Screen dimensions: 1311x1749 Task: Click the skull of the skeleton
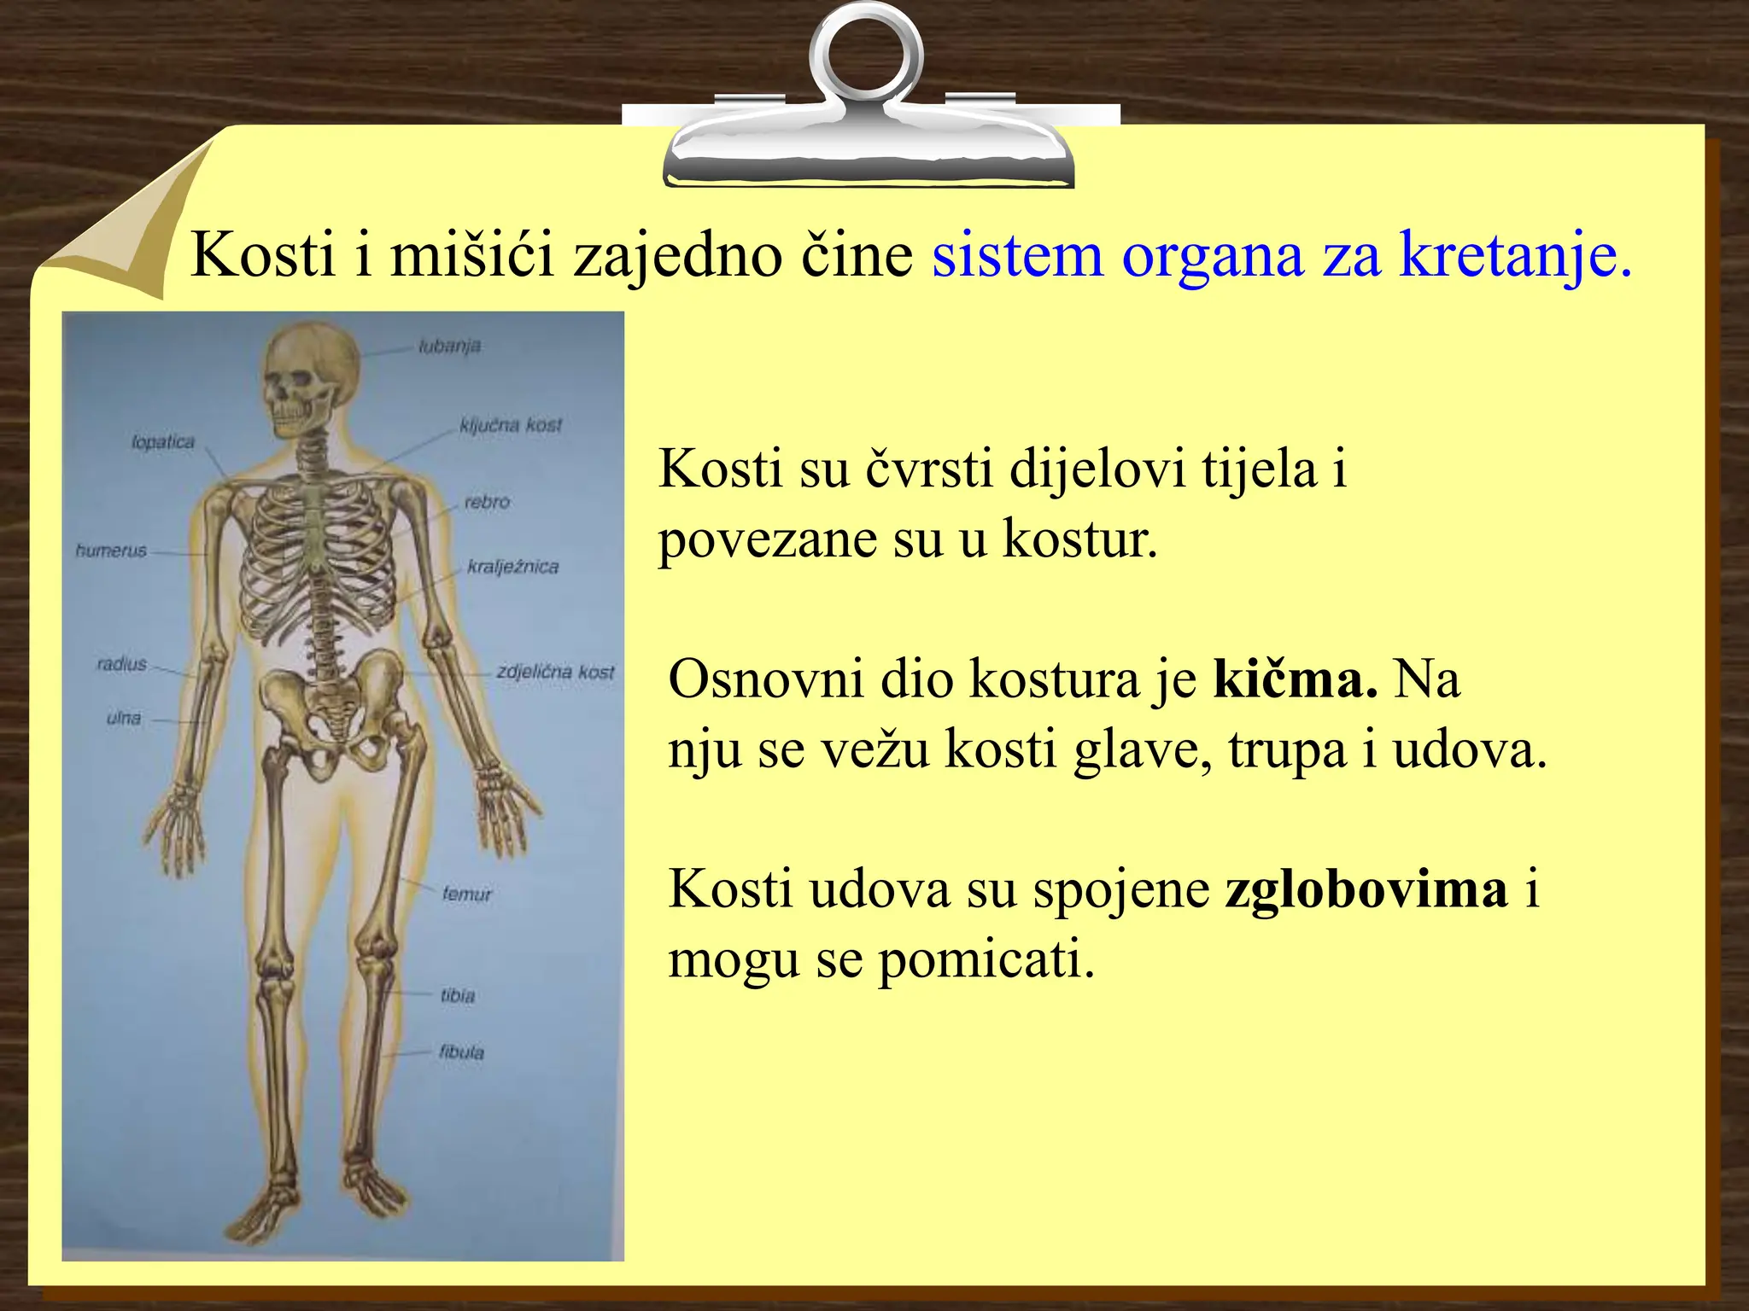coord(309,381)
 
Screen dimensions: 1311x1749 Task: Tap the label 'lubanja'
coord(449,347)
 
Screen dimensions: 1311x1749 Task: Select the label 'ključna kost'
coord(511,425)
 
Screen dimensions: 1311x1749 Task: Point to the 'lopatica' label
coord(163,442)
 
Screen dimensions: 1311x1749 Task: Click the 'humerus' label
coord(111,551)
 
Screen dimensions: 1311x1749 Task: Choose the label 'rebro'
coord(487,502)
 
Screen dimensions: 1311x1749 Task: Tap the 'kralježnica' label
coord(512,567)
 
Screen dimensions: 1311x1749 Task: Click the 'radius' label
coord(121,664)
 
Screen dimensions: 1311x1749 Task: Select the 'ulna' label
coord(124,718)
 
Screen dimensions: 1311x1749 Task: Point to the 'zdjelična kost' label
coord(555,672)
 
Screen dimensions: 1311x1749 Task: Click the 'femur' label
coord(467,894)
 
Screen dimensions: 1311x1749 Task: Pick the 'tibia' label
coord(458,995)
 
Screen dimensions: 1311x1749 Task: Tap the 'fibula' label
coord(461,1052)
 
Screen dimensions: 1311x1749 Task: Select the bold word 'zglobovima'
coord(1366,889)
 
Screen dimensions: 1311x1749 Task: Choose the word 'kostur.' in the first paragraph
coord(1079,539)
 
